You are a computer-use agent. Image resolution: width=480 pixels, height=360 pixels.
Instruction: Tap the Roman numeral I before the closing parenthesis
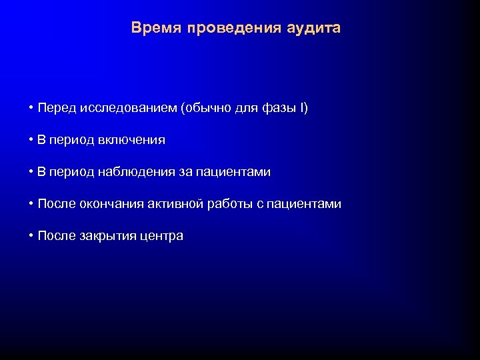coord(302,108)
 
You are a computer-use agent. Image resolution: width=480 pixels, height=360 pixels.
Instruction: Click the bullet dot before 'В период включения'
coord(31,140)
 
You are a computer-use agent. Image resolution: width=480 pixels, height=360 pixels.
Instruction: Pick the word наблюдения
coord(137,172)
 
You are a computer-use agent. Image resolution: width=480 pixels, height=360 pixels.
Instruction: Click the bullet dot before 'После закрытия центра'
coord(31,236)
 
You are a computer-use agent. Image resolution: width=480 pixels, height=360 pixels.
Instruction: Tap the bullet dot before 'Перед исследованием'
coord(31,108)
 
